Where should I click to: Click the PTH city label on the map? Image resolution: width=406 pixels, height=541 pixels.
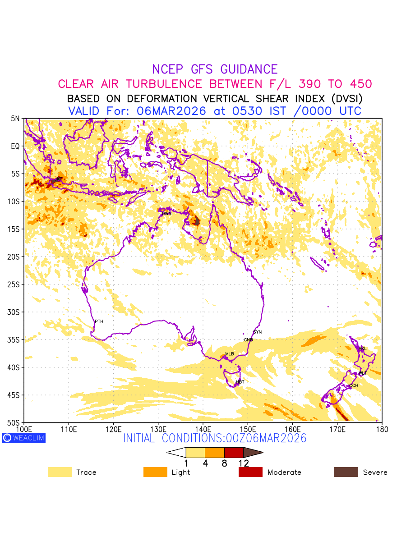(x=99, y=321)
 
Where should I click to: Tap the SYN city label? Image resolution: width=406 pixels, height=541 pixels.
(x=257, y=332)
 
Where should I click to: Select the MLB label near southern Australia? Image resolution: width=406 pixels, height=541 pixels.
(x=230, y=354)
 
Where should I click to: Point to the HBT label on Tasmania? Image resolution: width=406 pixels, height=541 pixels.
(x=240, y=382)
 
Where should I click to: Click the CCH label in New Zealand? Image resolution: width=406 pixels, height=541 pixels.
(x=354, y=385)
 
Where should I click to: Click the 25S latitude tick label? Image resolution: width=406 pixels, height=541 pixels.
(x=15, y=284)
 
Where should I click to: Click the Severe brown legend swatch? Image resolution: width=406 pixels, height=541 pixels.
(x=346, y=472)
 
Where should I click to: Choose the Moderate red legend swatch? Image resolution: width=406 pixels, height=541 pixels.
(x=250, y=472)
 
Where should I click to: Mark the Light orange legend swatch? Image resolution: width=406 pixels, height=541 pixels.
(x=155, y=472)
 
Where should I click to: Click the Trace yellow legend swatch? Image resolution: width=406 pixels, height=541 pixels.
(x=60, y=472)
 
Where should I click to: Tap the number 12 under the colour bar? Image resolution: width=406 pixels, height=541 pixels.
(x=244, y=463)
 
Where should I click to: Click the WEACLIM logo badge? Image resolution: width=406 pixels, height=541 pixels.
(x=23, y=438)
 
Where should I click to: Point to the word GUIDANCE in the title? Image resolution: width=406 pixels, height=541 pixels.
(x=249, y=69)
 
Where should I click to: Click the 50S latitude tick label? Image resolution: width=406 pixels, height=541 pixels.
(x=15, y=423)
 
